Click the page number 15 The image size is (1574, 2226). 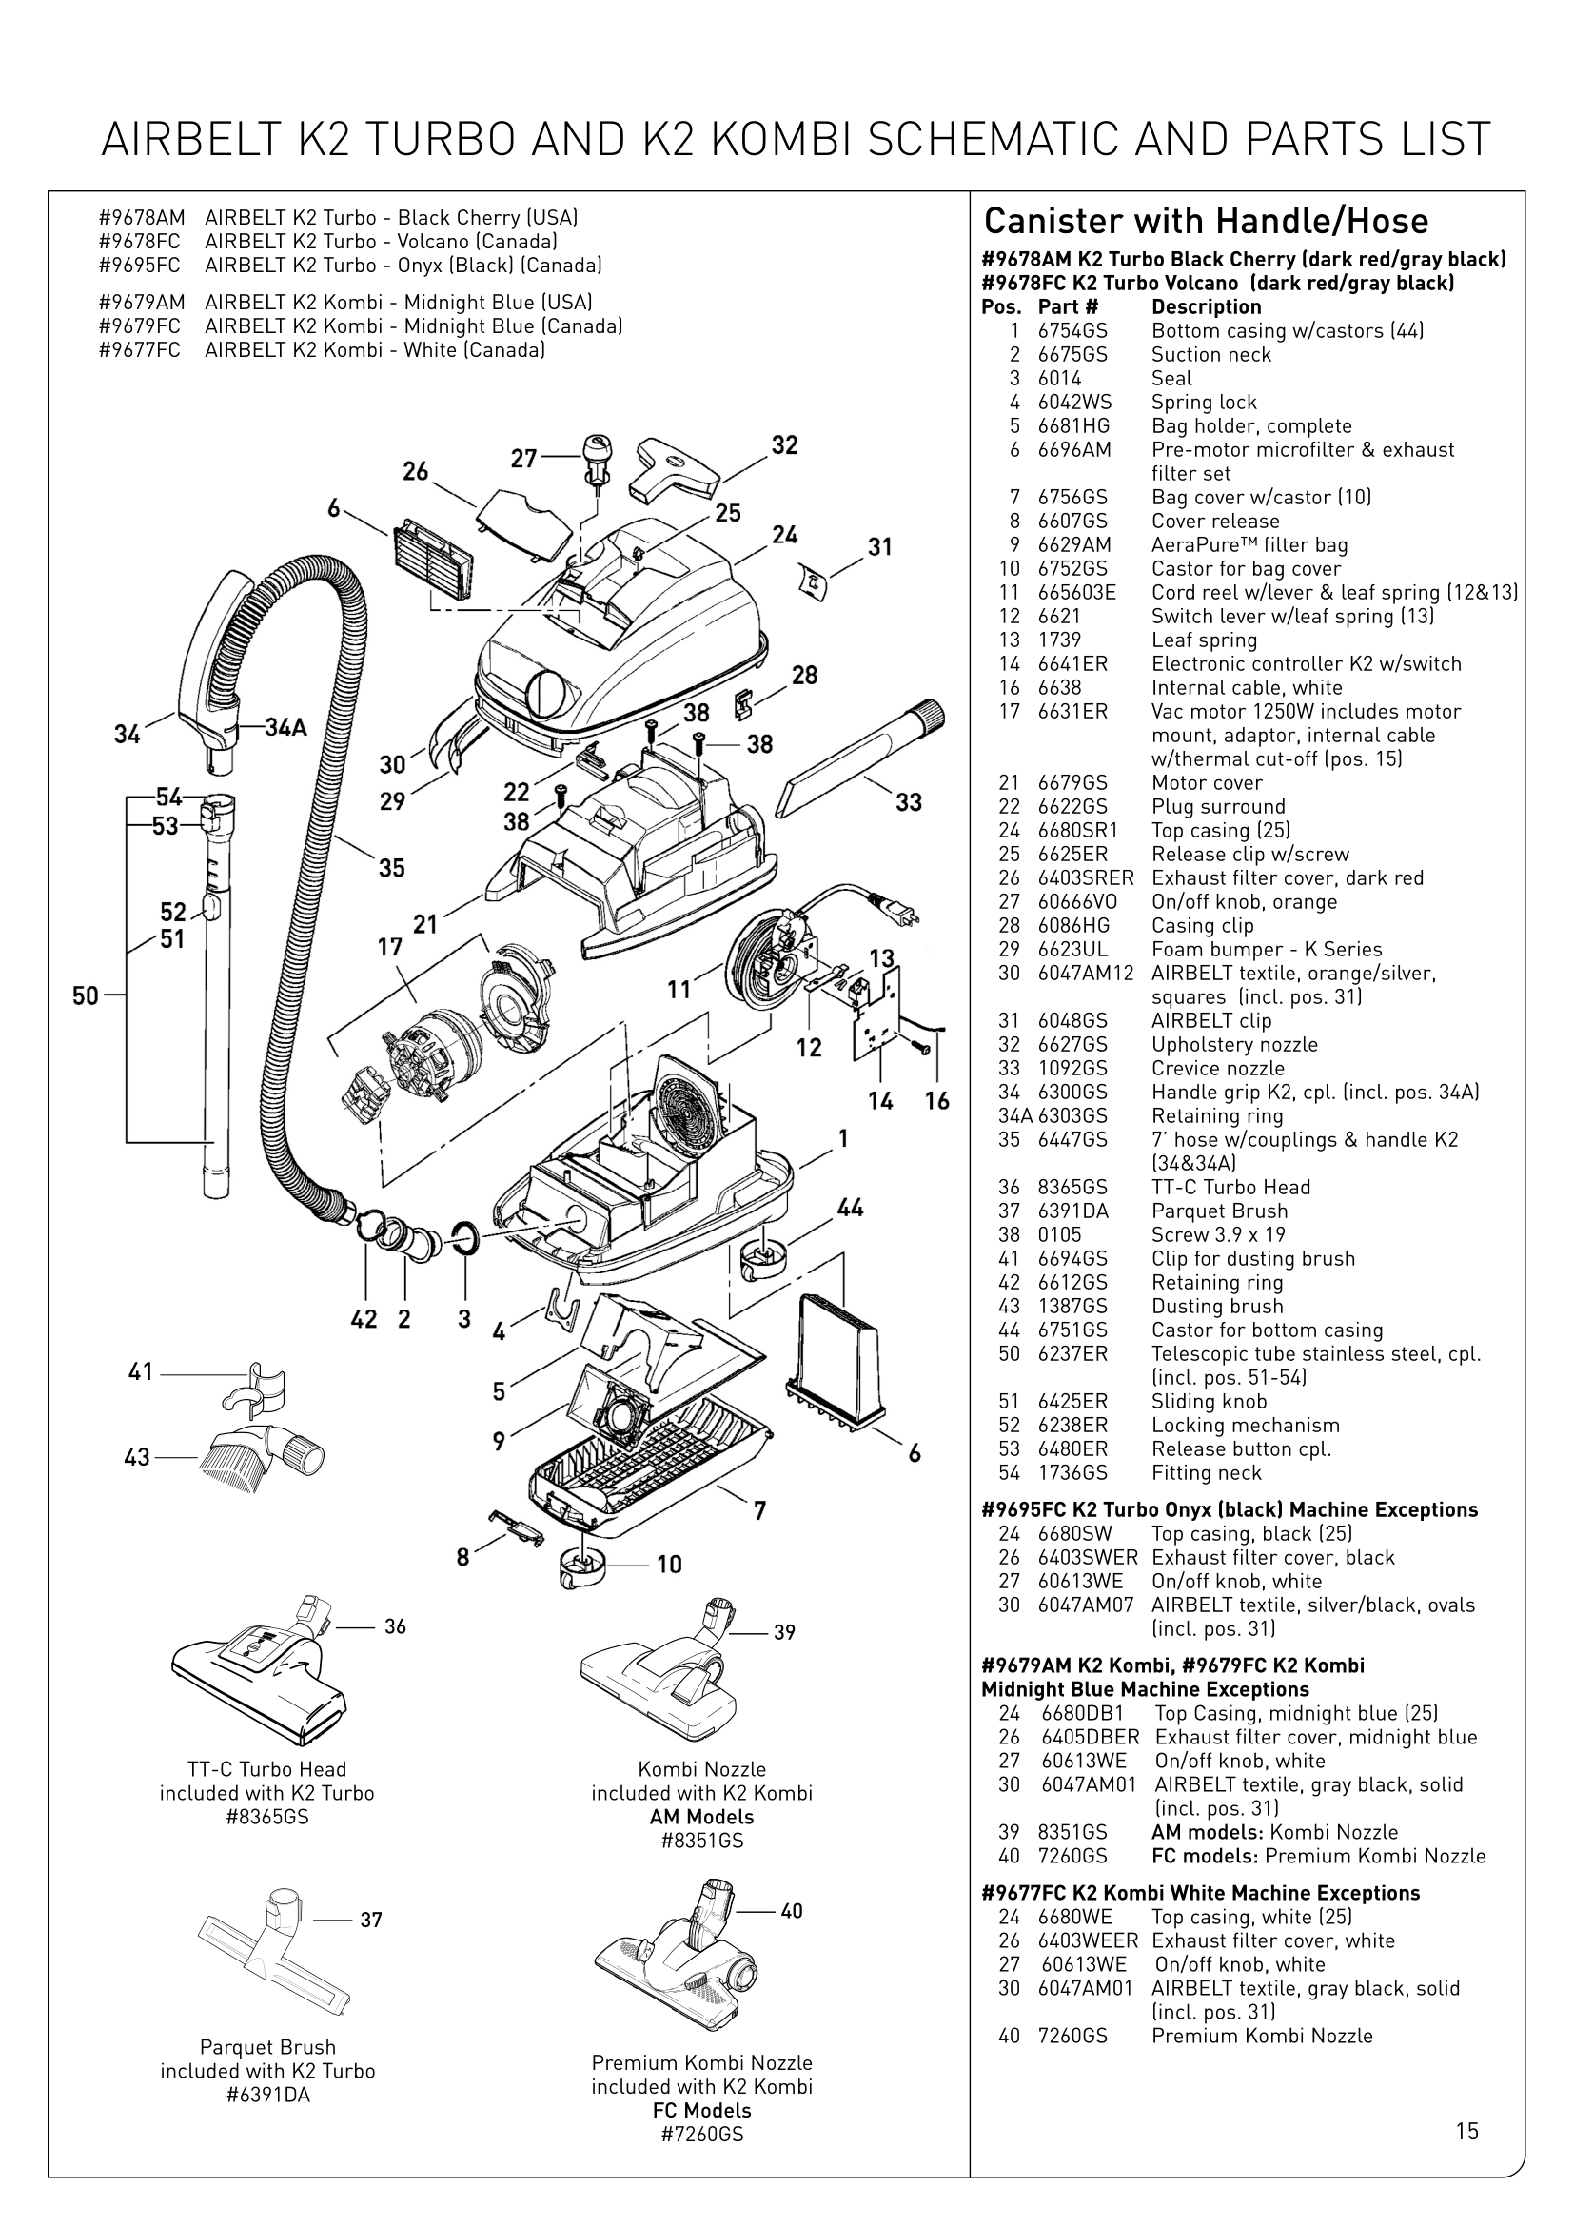pos(1466,2131)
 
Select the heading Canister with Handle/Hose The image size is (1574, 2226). pos(1206,221)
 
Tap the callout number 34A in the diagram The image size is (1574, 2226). pos(285,727)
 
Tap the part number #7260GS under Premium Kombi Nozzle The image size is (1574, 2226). pos(701,2134)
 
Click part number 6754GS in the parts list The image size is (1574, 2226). pos(1072,330)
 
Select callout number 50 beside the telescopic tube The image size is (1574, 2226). pos(86,995)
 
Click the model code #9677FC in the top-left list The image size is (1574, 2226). pos(140,350)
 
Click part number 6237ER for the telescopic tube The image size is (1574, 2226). pos(1072,1353)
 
